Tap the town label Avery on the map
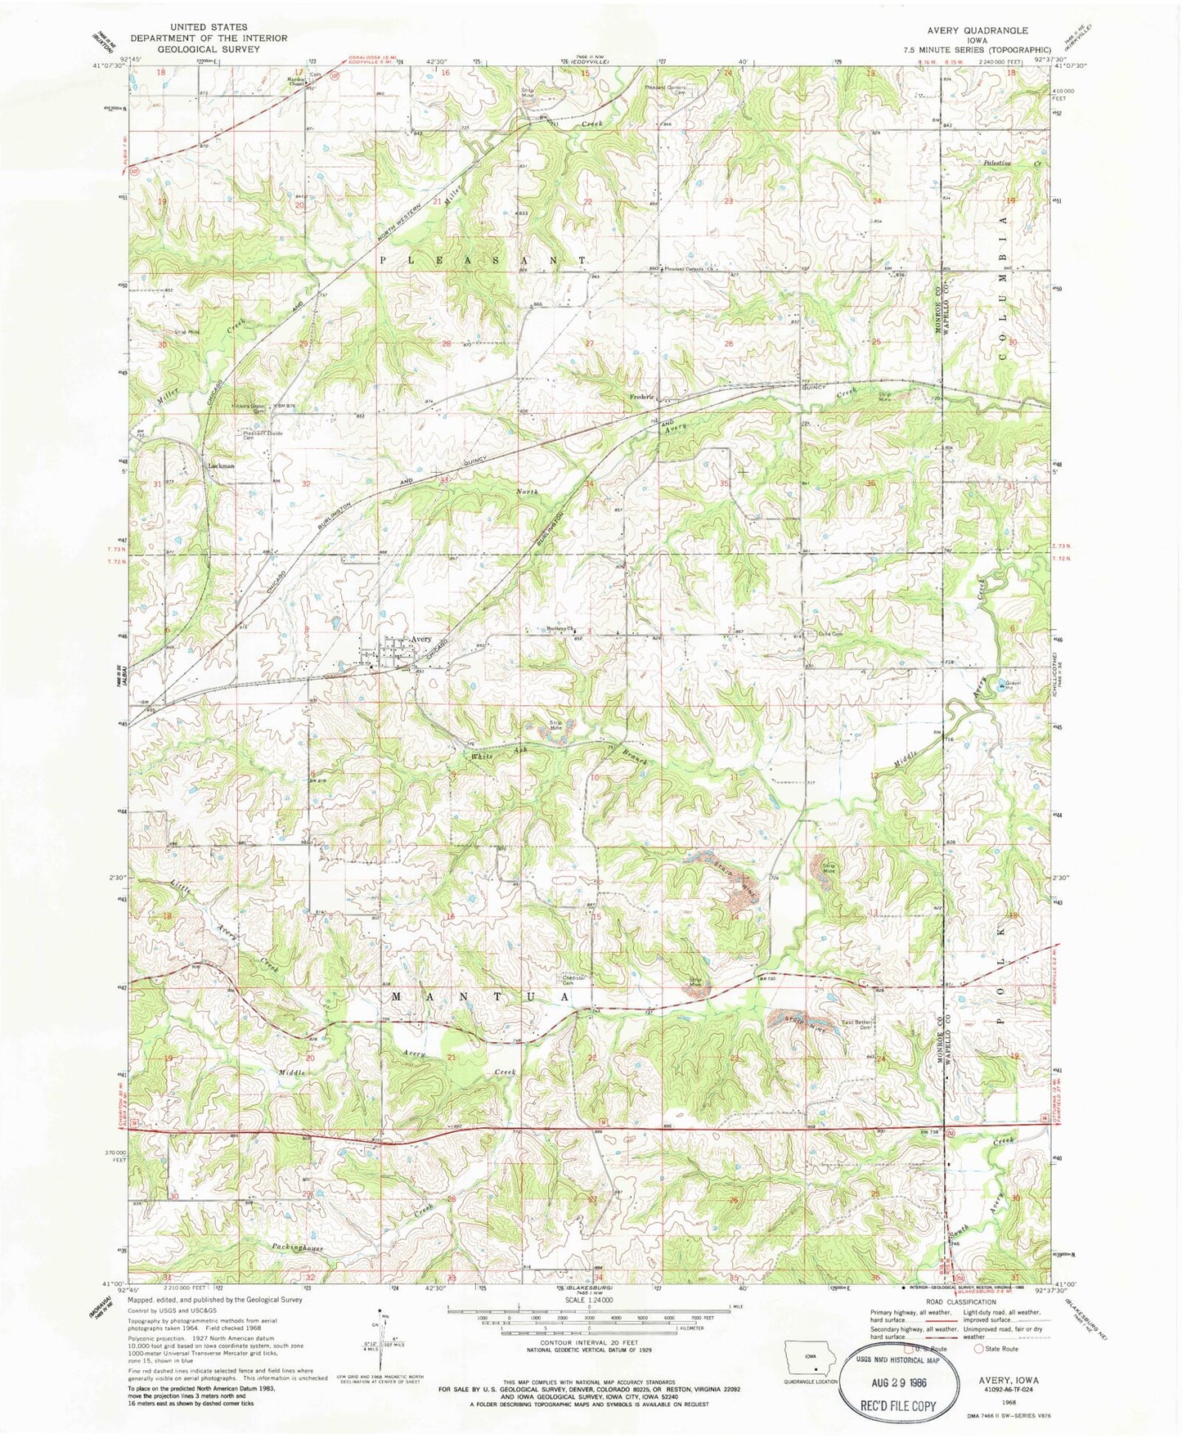[x=420, y=639]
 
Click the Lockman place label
[x=221, y=465]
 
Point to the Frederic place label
[x=642, y=398]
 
